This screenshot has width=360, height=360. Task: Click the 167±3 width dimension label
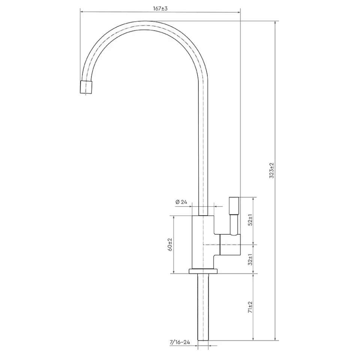pos(160,9)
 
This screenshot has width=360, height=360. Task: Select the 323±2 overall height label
pos(272,171)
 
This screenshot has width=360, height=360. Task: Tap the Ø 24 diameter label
pos(181,202)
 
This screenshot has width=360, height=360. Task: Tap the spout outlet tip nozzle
pos(86,87)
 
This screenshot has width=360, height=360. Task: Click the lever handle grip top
pos(234,205)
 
